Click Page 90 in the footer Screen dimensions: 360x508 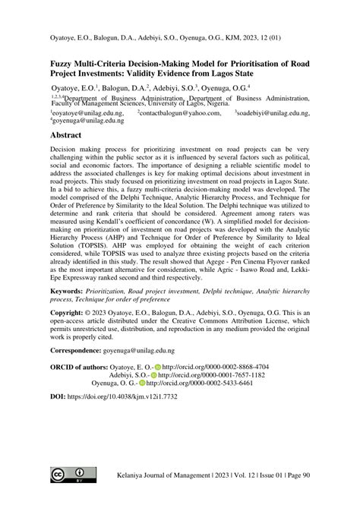coord(295,474)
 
